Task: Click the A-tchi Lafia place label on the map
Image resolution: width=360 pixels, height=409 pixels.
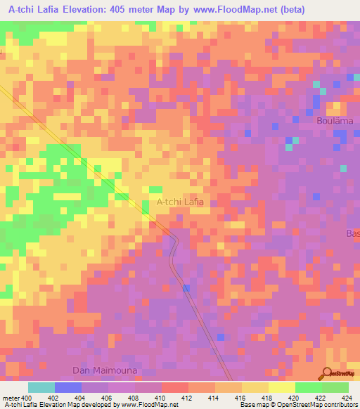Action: (x=180, y=202)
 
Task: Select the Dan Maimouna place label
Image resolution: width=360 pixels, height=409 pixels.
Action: (x=105, y=370)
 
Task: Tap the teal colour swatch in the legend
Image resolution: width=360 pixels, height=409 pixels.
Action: (x=41, y=387)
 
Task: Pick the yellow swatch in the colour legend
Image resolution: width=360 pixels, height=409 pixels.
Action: (x=281, y=387)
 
